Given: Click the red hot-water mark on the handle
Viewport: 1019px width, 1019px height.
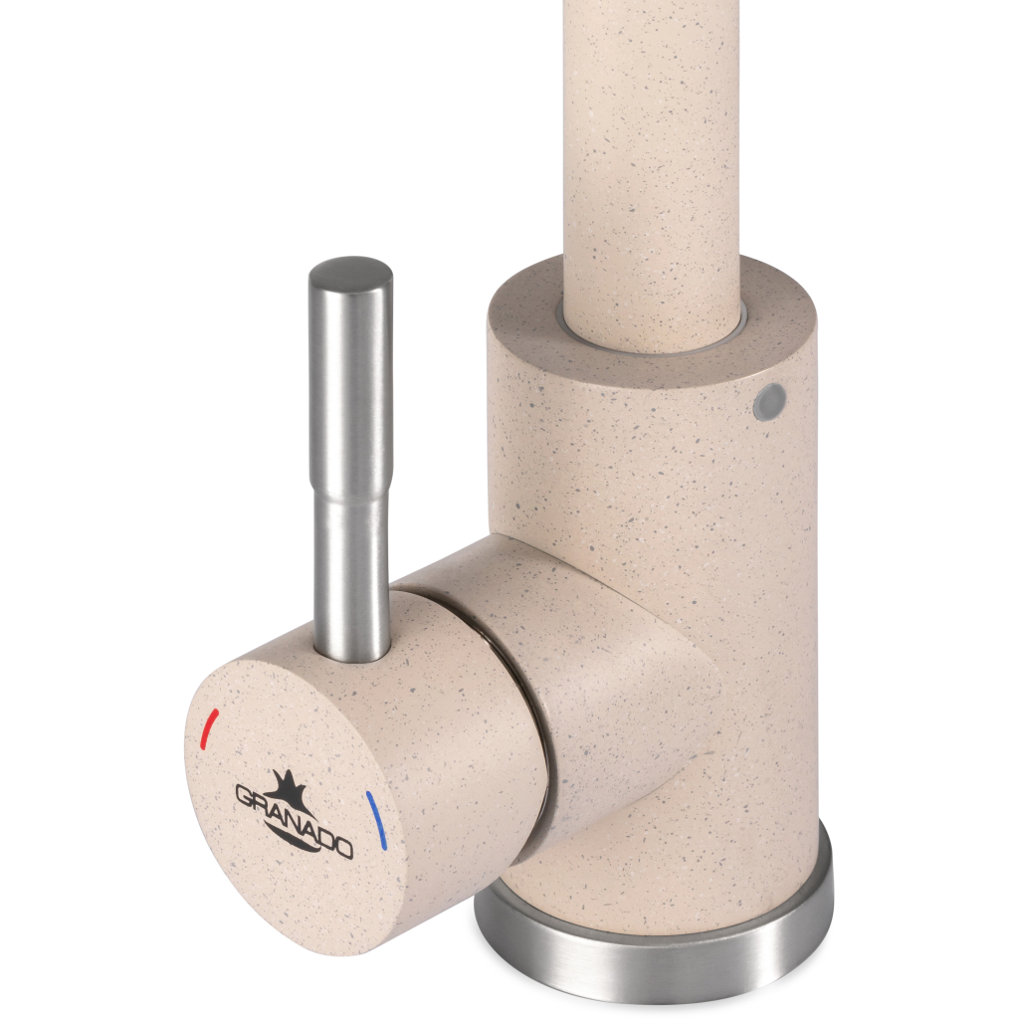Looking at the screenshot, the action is pos(210,729).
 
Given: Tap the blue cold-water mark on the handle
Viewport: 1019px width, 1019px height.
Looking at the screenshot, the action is pos(376,820).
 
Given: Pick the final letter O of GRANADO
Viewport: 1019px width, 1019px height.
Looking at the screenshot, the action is pos(343,848).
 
